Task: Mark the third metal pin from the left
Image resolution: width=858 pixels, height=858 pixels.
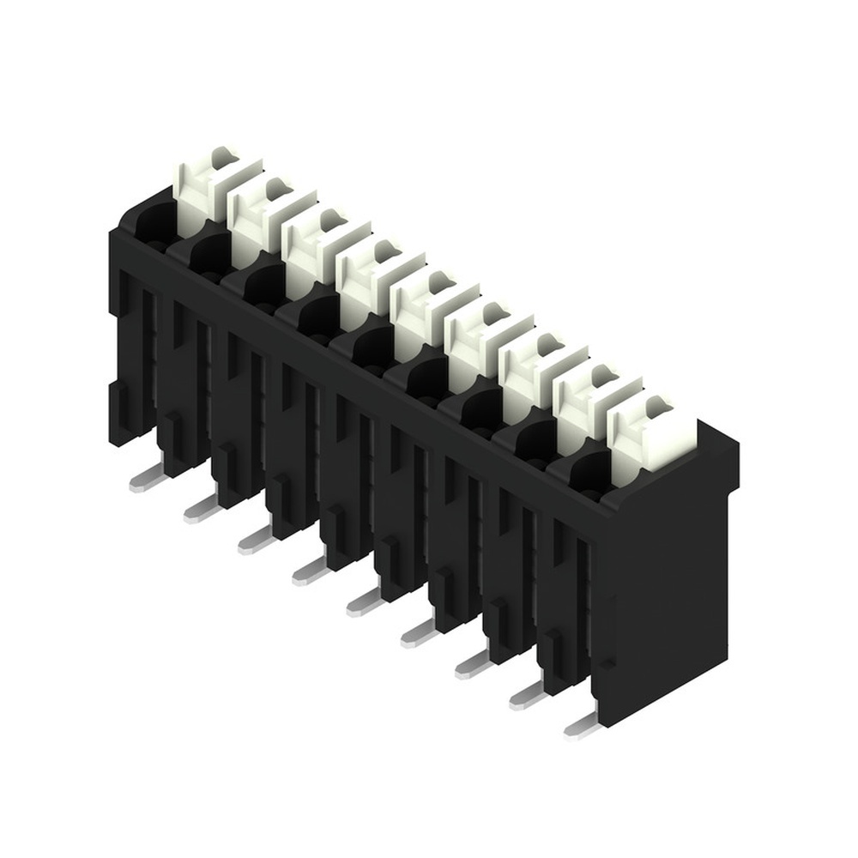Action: pos(255,541)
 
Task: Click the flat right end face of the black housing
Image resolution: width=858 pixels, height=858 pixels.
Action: pos(665,583)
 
